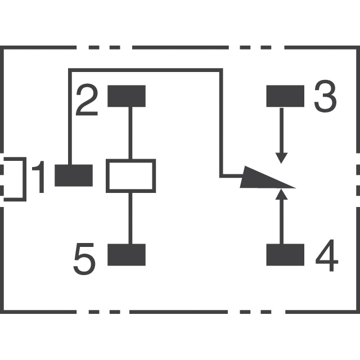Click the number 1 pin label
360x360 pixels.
point(39,177)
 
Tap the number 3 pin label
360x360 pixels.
point(325,97)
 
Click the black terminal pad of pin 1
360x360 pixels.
point(73,175)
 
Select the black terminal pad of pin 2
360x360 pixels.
point(126,96)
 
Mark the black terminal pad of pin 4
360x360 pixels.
point(285,254)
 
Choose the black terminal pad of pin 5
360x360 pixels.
point(126,254)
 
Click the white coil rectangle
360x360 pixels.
point(130,175)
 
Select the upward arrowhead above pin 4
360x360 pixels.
point(282,196)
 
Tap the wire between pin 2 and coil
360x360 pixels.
point(130,133)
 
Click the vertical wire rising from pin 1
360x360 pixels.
point(69,118)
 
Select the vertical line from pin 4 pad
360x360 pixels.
point(282,222)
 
